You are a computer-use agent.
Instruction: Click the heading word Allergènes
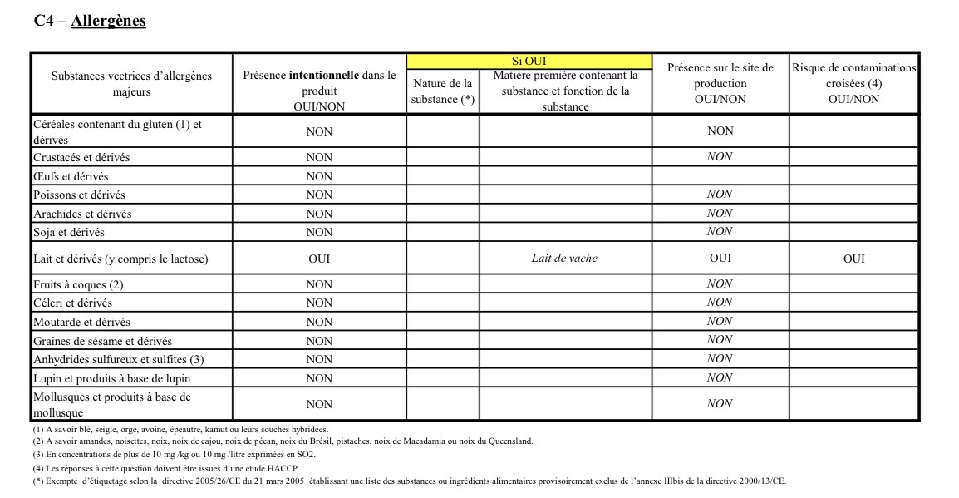108,21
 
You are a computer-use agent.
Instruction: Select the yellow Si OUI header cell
529,61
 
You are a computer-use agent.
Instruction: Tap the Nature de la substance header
442,91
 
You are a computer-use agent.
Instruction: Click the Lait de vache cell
564,259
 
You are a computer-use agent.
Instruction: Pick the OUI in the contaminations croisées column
853,259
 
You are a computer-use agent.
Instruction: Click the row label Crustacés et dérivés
81,157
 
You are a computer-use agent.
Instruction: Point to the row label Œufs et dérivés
71,176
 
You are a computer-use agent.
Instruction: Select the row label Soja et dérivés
69,232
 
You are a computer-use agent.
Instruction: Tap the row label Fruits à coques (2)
78,284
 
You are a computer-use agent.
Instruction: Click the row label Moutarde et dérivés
81,322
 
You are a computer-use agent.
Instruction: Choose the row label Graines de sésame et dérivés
102,341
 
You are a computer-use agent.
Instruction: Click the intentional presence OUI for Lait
319,259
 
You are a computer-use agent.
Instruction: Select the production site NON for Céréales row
720,131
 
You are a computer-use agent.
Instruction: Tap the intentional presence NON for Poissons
319,195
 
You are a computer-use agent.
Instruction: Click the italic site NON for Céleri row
720,303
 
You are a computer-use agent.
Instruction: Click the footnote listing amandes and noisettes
283,441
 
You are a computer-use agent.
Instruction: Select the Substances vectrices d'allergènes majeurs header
131,84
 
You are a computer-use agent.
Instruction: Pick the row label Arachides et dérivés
82,214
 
